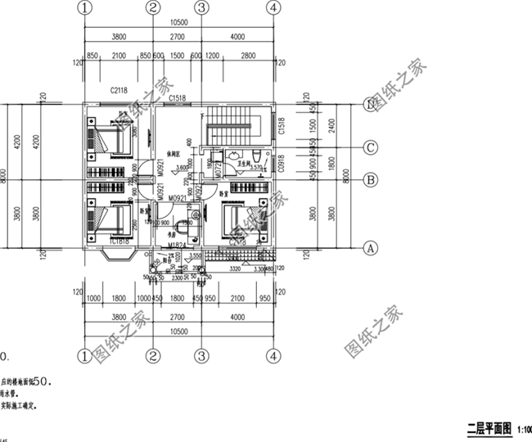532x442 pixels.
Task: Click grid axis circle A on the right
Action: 371,246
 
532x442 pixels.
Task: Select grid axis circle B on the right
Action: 371,180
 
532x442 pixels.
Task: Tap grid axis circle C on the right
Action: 371,148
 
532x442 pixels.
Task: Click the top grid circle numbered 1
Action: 83,7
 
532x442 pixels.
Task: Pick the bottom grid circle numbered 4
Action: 273,356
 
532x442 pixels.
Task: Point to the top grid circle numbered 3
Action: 201,7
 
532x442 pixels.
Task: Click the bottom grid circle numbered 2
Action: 153,356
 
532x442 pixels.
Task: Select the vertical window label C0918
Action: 281,165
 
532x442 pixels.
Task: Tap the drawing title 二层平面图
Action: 488,428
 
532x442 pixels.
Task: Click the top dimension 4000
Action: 237,37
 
